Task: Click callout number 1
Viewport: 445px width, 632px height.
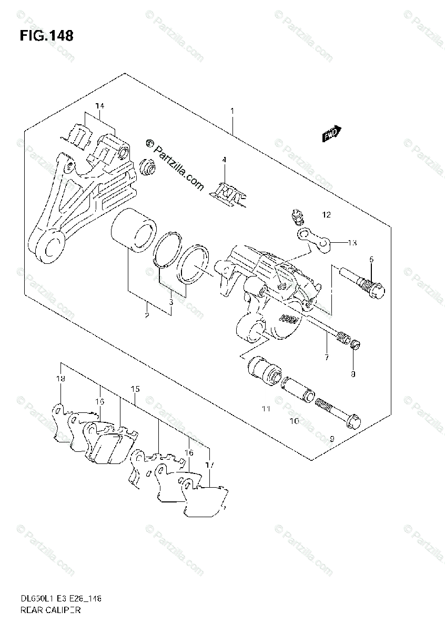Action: point(231,112)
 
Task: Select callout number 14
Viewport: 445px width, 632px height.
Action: point(99,106)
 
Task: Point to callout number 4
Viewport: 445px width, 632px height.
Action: point(224,160)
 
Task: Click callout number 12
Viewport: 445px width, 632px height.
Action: point(327,215)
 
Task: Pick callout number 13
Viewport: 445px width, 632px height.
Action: point(352,242)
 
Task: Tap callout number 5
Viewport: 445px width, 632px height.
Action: point(371,259)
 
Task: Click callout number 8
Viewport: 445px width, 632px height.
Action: point(353,374)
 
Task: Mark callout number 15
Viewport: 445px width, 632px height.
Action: point(135,389)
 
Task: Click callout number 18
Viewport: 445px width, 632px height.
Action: point(61,379)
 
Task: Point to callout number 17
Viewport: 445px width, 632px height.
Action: point(210,465)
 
